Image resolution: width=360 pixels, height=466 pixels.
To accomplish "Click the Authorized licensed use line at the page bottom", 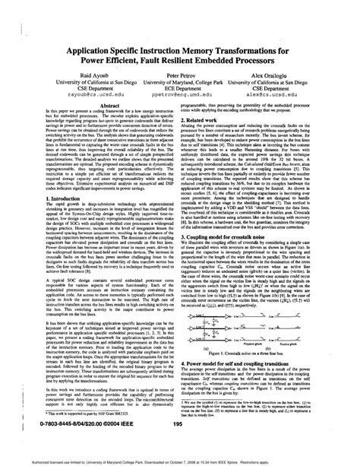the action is [180, 460].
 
